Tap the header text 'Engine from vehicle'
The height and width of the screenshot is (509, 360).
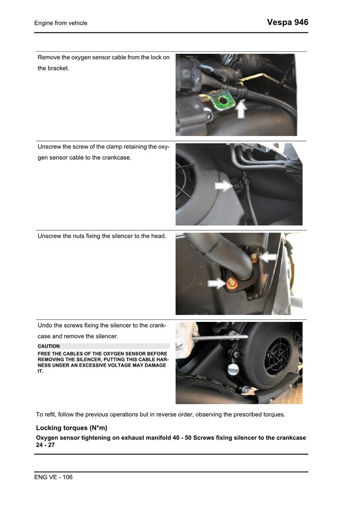[61, 23]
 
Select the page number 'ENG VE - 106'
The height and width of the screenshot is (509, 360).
[53, 477]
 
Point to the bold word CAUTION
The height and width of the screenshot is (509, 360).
[48, 346]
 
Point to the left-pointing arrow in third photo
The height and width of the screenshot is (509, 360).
[268, 257]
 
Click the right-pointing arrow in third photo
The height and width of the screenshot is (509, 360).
[216, 284]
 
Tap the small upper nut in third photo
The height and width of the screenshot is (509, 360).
[255, 258]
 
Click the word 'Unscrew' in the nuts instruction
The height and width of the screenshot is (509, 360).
[49, 236]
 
